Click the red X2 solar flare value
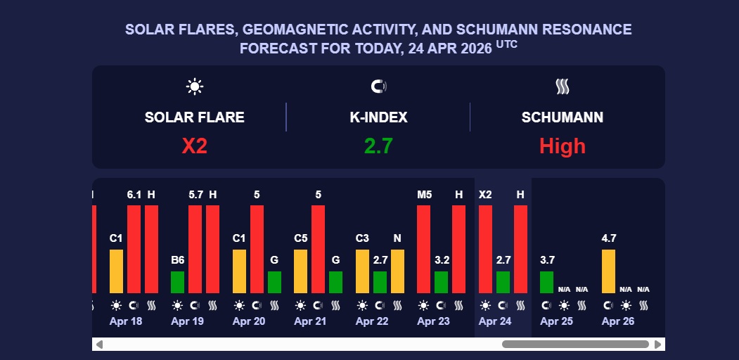click(195, 146)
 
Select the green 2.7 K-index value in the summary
click(378, 146)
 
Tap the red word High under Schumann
click(562, 146)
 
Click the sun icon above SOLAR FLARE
click(195, 86)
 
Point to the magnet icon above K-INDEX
click(378, 86)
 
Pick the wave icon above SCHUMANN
click(562, 86)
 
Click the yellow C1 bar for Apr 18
click(116, 271)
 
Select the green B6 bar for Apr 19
click(178, 282)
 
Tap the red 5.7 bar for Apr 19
click(195, 249)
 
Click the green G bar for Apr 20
click(274, 282)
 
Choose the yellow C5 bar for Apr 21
click(301, 271)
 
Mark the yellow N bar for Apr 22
click(397, 271)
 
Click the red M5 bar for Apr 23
click(424, 249)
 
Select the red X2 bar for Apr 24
click(485, 249)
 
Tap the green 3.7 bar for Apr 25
click(547, 282)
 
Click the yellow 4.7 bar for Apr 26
click(608, 271)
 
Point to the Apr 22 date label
click(372, 321)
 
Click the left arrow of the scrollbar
click(99, 345)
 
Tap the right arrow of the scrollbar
click(657, 345)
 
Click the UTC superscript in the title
click(506, 44)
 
